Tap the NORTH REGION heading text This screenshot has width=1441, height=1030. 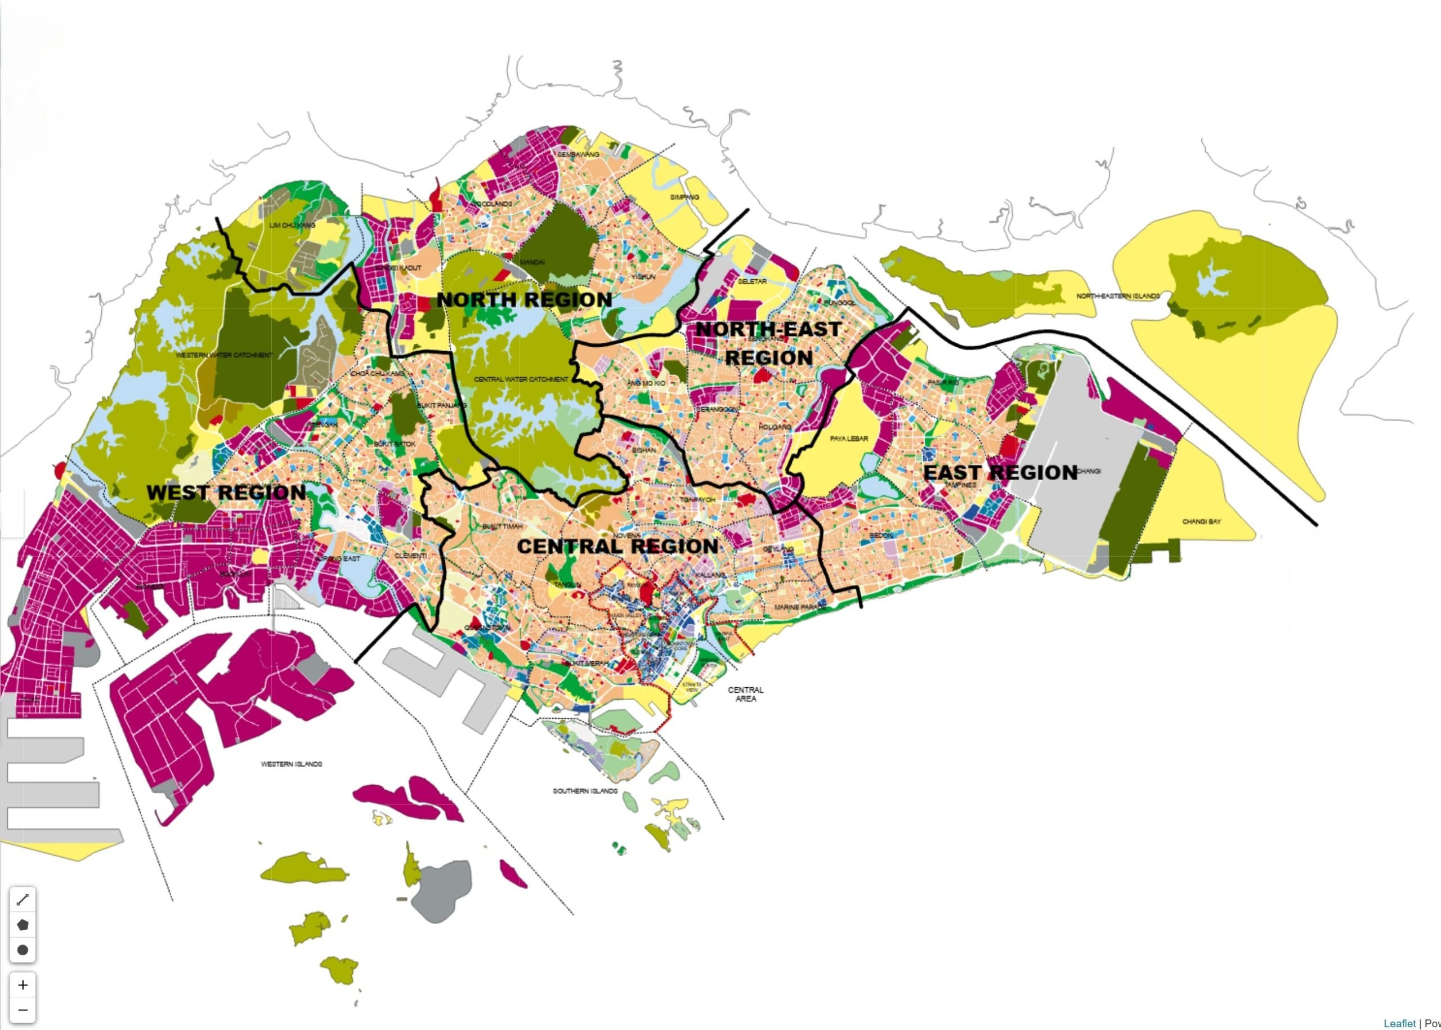tap(524, 300)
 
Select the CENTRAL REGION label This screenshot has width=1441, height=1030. tap(617, 546)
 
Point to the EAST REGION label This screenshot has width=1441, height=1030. tap(1000, 473)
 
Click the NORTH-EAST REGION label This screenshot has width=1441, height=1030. tap(768, 343)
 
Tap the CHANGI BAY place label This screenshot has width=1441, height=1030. tap(1201, 522)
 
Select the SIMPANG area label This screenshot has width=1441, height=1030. tap(684, 197)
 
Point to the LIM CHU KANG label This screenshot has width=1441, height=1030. tap(292, 225)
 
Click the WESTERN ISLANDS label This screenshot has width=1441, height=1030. tap(292, 764)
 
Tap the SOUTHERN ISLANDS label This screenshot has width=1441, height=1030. tap(585, 791)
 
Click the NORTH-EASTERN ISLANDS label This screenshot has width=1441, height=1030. tap(1117, 296)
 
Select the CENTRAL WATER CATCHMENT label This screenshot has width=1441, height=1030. tap(521, 379)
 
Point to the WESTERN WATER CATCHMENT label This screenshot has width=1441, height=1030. tap(224, 355)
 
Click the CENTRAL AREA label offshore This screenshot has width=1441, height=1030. tap(745, 694)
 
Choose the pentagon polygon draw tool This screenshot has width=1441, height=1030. tap(23, 925)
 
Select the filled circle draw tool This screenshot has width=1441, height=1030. tap(23, 950)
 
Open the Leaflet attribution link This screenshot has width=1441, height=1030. tap(1399, 1023)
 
